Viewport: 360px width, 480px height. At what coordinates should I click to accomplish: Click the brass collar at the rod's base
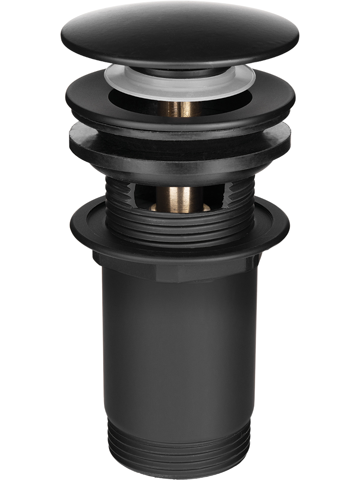pos(180,207)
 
